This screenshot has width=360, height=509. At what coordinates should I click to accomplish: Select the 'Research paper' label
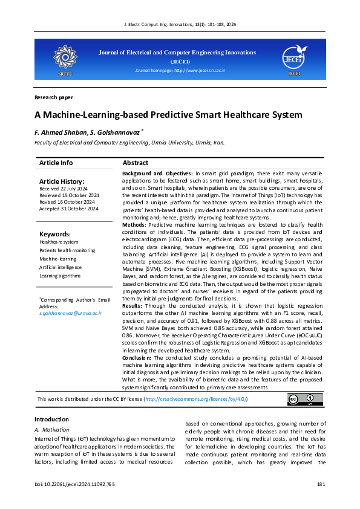(54, 97)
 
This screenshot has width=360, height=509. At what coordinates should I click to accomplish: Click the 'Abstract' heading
(136, 163)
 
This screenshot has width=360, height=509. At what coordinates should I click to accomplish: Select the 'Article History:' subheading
(62, 181)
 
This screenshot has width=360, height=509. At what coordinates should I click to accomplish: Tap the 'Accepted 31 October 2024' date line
(68, 209)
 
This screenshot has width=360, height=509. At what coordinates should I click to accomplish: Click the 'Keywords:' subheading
(55, 234)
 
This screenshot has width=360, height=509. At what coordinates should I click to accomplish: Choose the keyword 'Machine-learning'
(59, 259)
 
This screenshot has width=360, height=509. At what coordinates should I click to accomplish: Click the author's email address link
(70, 314)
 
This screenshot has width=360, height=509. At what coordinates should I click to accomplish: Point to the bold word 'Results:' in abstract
(133, 306)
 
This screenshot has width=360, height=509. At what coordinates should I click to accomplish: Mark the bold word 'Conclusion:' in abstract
(137, 358)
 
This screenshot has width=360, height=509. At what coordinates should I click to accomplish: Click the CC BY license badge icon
(301, 400)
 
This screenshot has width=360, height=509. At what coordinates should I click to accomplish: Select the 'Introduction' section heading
(51, 420)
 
